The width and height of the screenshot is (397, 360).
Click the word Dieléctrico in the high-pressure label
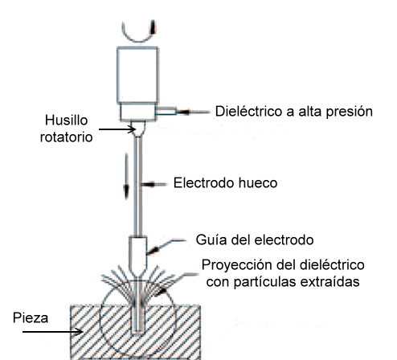tap(249, 111)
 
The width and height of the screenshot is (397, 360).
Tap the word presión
tap(350, 112)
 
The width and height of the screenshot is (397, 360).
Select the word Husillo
tap(66, 121)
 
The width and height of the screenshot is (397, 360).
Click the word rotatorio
tap(66, 137)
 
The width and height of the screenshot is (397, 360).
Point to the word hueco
tap(258, 183)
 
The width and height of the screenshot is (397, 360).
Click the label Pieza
tap(31, 318)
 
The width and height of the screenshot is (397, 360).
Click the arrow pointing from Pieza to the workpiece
tap(53, 332)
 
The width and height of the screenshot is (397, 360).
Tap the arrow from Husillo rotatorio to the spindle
tap(117, 129)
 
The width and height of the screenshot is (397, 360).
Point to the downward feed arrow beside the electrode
tap(126, 176)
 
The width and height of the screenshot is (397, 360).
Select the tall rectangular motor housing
tap(137, 75)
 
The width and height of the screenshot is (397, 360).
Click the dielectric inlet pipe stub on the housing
tap(166, 111)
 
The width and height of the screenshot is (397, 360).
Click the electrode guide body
tap(137, 256)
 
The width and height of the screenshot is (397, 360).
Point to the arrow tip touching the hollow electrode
tap(143, 184)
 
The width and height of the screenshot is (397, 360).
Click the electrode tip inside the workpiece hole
tap(138, 332)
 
